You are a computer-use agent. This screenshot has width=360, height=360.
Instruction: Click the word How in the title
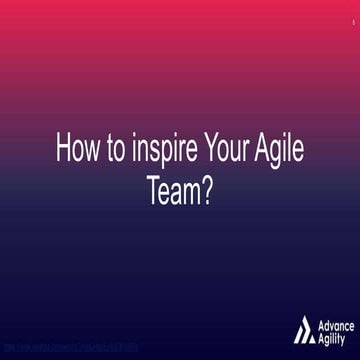coord(76,152)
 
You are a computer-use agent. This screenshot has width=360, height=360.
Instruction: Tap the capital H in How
coord(61,152)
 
